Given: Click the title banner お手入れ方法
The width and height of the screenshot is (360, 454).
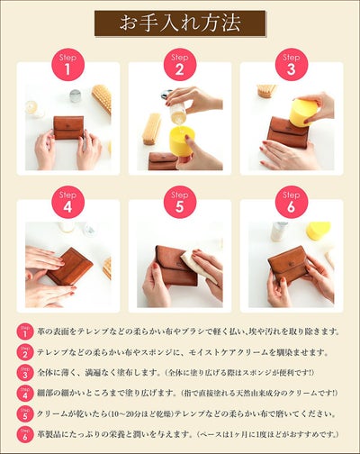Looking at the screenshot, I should pyautogui.click(x=180, y=23).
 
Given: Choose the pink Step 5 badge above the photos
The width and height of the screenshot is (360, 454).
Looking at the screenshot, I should pyautogui.click(x=179, y=202).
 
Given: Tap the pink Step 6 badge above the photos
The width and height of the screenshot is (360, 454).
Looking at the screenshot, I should pyautogui.click(x=290, y=202).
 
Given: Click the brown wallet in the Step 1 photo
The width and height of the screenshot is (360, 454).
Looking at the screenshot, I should pyautogui.click(x=67, y=126).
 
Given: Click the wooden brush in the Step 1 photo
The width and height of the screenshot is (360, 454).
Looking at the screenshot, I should pyautogui.click(x=102, y=98).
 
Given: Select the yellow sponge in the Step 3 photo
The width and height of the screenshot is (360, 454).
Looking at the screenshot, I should pyautogui.click(x=302, y=112).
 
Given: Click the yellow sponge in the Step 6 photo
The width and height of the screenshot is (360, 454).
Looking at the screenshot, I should pyautogui.click(x=318, y=231).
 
